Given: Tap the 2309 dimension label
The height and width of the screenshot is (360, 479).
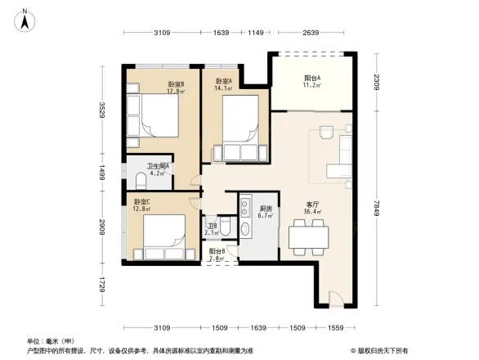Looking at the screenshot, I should (377, 81).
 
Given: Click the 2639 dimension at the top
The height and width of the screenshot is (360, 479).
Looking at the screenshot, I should (311, 34).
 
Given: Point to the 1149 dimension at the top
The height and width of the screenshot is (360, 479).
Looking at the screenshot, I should (258, 34).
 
